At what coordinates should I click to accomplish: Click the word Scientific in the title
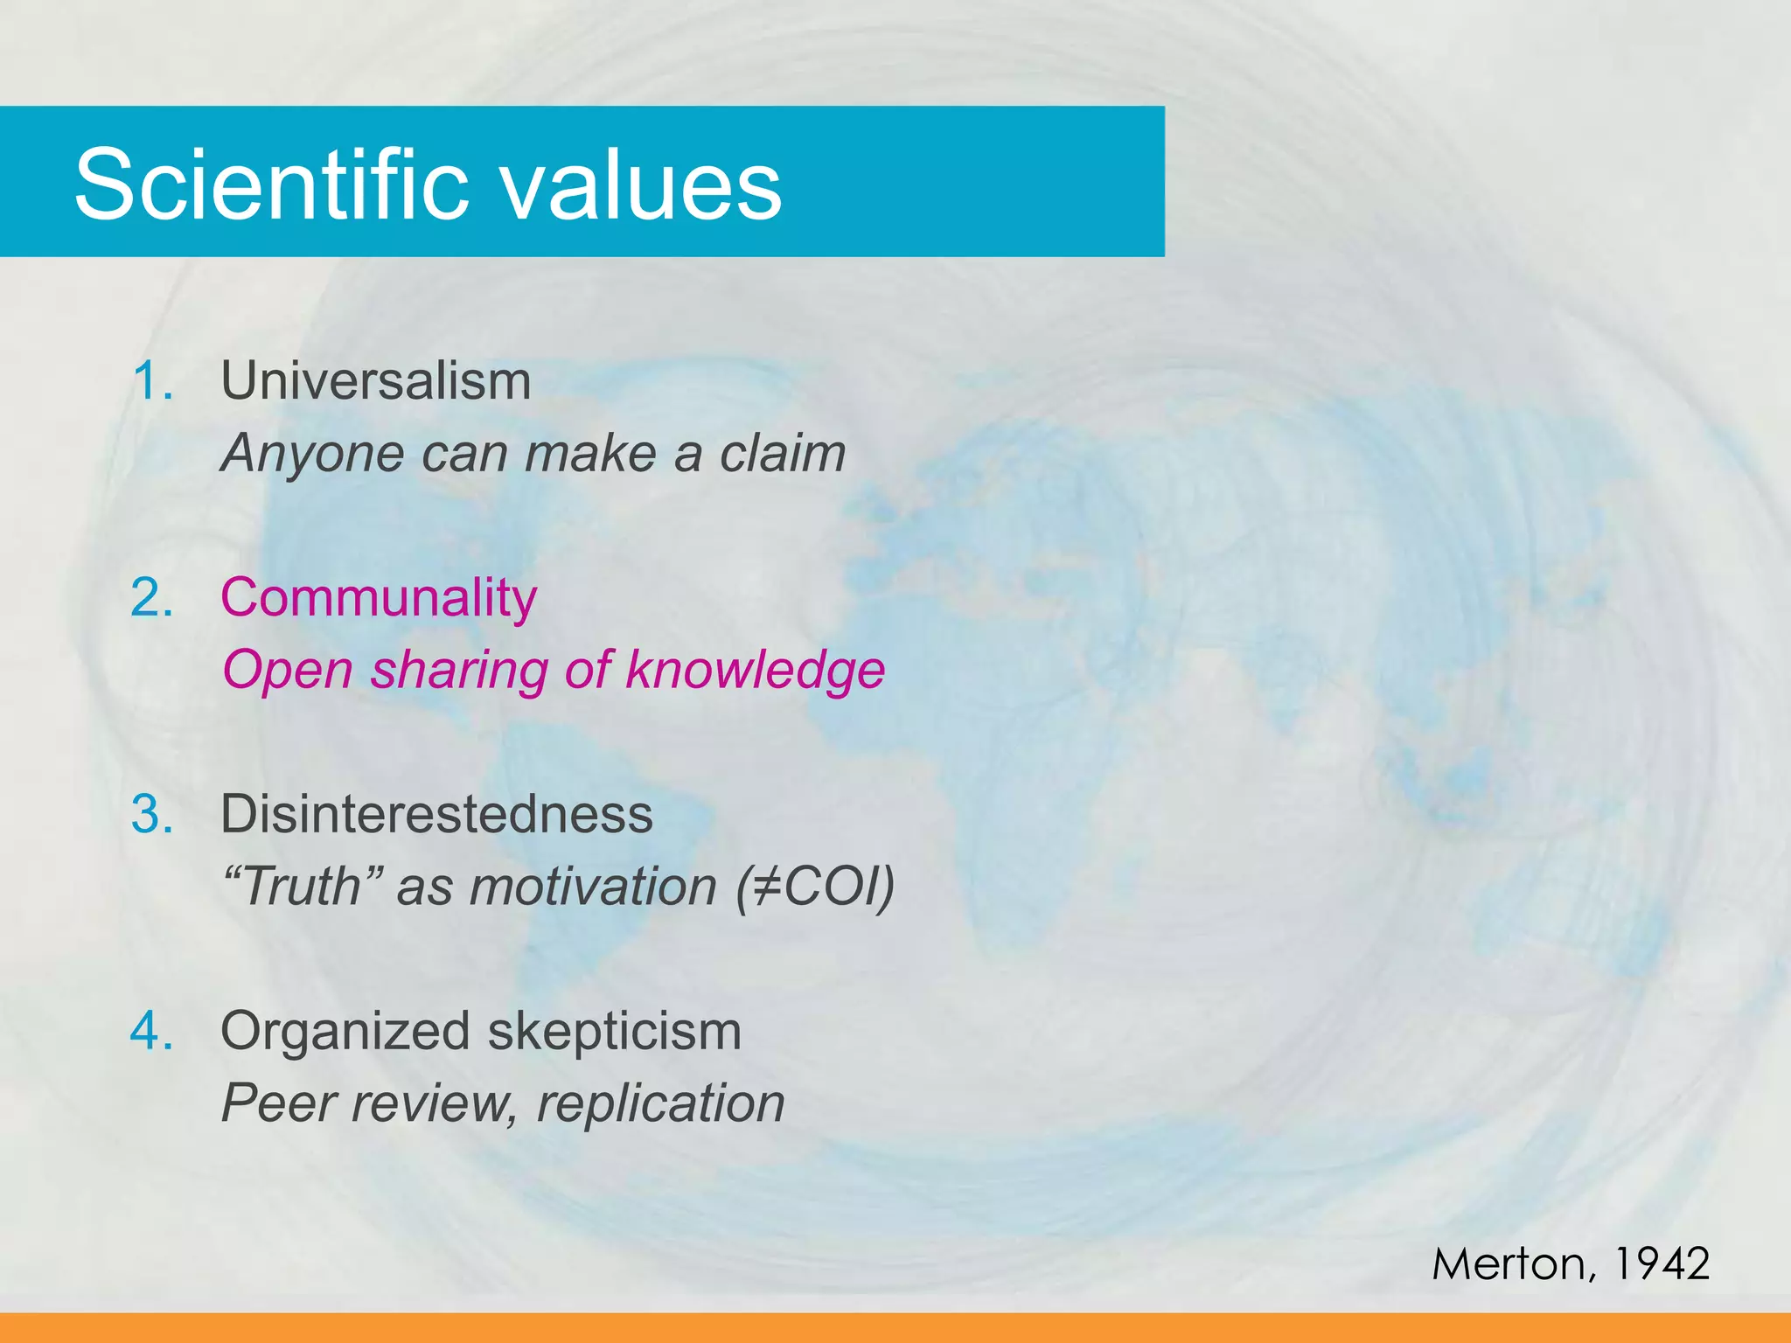[272, 184]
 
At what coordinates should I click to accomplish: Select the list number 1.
[152, 382]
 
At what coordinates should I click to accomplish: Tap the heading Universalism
[375, 382]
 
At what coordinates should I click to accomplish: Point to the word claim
[782, 454]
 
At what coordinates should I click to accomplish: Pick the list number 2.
[152, 599]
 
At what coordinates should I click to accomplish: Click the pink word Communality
[378, 599]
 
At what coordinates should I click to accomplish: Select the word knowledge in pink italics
[756, 671]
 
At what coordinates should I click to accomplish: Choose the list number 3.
[152, 815]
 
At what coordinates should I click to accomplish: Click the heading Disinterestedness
[436, 815]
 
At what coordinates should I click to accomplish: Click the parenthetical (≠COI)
[814, 887]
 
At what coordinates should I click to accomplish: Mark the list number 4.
[152, 1032]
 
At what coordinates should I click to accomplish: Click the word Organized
[345, 1032]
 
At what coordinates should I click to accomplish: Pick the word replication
[660, 1103]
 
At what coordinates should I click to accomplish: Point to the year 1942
[1661, 1264]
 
